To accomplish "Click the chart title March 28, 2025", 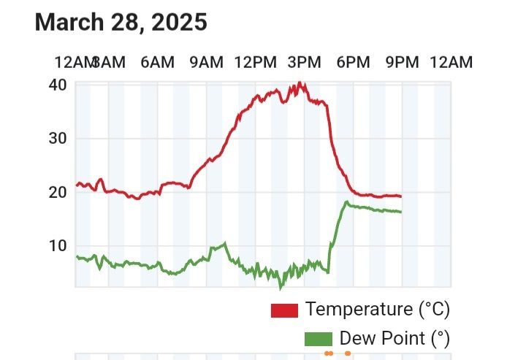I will click(x=121, y=22).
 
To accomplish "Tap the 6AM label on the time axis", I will click(x=157, y=62).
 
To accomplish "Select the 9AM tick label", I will click(x=206, y=62).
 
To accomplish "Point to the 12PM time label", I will click(x=255, y=62).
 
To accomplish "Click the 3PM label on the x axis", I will click(x=304, y=62).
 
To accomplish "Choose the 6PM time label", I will click(x=353, y=62).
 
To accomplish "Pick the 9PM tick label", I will click(x=401, y=62).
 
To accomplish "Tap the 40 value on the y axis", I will click(x=58, y=85).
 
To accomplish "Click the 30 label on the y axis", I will click(x=58, y=138).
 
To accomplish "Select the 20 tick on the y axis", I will click(x=58, y=192).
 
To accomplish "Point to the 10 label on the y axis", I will click(x=58, y=245).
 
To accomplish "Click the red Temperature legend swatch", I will click(x=284, y=310).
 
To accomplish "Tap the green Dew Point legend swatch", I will click(x=318, y=340).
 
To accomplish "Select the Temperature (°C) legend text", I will click(x=378, y=310).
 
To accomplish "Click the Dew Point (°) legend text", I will click(x=394, y=339).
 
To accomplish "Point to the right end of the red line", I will click(x=400, y=196).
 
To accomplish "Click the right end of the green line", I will click(x=400, y=212).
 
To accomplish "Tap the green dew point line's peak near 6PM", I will click(x=347, y=202).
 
